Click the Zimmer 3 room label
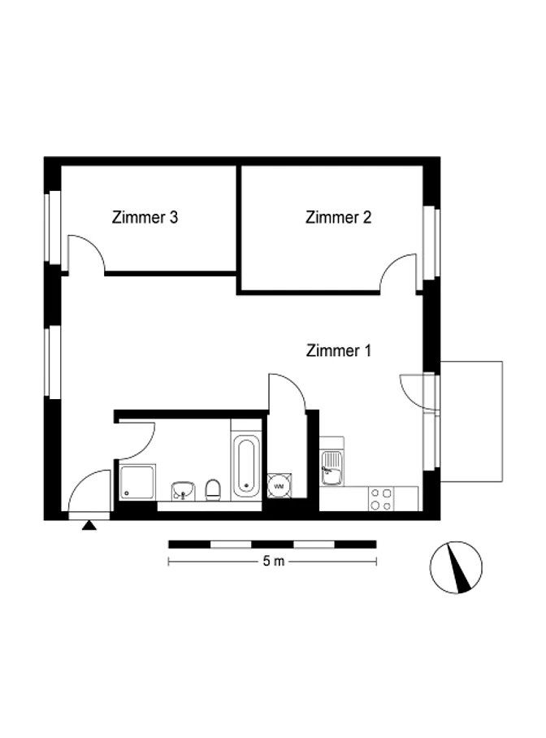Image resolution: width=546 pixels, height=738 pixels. (145, 218)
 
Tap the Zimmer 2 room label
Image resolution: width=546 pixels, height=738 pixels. (339, 218)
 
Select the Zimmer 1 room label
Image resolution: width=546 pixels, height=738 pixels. (339, 350)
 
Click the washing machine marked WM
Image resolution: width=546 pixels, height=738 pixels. (279, 486)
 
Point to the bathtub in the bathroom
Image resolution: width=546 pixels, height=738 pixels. (246, 467)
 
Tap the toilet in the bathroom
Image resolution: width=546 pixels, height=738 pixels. (213, 490)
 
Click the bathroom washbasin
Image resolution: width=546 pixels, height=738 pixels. (183, 490)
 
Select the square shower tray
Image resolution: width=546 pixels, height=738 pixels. (137, 481)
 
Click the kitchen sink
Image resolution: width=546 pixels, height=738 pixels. (331, 468)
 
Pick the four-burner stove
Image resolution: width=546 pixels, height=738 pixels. (381, 499)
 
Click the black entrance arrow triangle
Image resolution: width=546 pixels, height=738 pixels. (89, 525)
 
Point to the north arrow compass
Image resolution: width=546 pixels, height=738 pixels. (456, 567)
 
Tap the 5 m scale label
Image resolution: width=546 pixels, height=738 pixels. (274, 562)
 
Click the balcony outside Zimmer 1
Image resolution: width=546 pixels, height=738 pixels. (471, 421)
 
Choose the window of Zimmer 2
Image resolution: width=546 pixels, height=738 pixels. (431, 243)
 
